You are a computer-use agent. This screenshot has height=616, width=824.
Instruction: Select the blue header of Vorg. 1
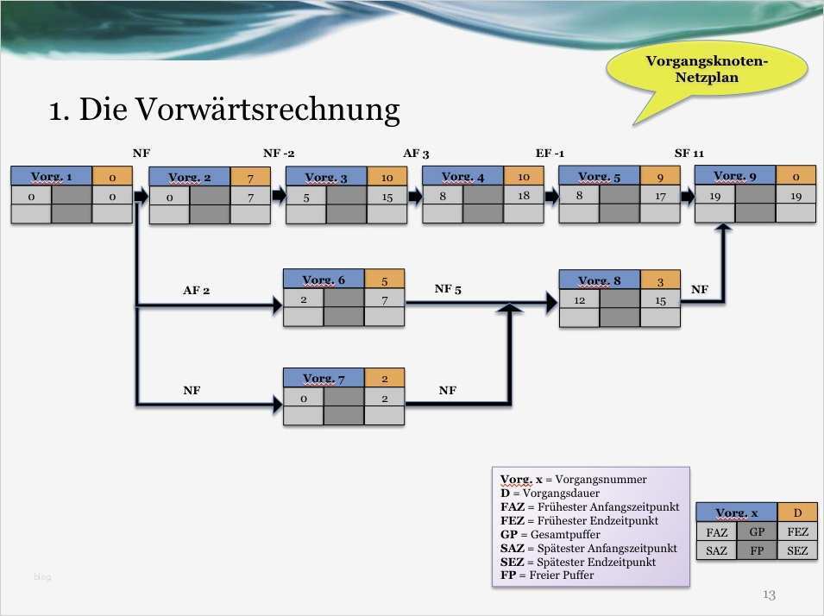[51, 177]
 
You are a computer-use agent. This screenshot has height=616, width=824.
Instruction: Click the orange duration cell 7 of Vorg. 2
[250, 178]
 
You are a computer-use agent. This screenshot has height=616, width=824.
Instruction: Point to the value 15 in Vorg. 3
[386, 198]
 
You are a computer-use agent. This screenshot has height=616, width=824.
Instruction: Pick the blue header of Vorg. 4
[462, 177]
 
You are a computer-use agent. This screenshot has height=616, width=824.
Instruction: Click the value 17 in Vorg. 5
[660, 197]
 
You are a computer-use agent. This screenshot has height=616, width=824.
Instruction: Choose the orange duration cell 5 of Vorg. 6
[384, 280]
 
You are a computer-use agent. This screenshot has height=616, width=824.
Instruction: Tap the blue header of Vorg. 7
[324, 379]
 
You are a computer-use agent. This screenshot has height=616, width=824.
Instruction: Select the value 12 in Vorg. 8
[579, 299]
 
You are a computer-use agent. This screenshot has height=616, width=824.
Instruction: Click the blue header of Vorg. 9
[735, 176]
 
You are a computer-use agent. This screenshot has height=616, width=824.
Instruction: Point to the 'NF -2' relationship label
[279, 153]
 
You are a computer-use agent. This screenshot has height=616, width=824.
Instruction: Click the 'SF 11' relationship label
[689, 153]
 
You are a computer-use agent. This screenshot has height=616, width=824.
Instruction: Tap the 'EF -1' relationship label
[550, 153]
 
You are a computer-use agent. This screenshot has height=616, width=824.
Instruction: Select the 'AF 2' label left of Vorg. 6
[196, 291]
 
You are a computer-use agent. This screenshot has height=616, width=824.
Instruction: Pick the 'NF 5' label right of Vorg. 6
[448, 289]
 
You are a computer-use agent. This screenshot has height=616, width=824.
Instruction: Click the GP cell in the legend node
[757, 532]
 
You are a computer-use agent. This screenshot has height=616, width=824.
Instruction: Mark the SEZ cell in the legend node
[797, 550]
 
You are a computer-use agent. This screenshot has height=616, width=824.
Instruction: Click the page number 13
[770, 594]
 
